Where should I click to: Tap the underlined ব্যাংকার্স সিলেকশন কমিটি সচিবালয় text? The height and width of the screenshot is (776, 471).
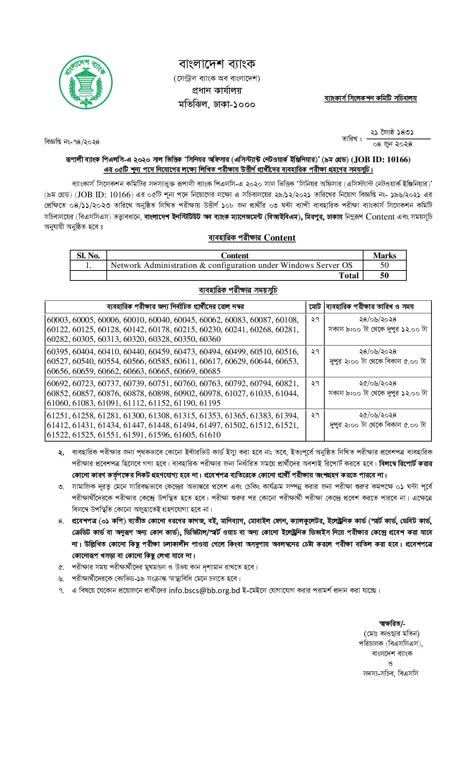pyautogui.click(x=371, y=99)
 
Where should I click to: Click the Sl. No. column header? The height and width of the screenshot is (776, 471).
pyautogui.click(x=88, y=255)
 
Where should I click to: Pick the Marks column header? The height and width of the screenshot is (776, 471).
pyautogui.click(x=384, y=255)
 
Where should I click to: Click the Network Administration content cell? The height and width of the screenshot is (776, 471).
pyautogui.click(x=232, y=265)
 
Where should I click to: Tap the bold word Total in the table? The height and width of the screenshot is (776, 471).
pyautogui.click(x=349, y=275)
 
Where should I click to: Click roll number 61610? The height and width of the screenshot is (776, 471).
pyautogui.click(x=210, y=435)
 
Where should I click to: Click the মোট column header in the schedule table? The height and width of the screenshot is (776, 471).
pyautogui.click(x=315, y=307)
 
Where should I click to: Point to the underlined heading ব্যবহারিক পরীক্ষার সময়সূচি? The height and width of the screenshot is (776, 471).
pyautogui.click(x=238, y=290)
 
